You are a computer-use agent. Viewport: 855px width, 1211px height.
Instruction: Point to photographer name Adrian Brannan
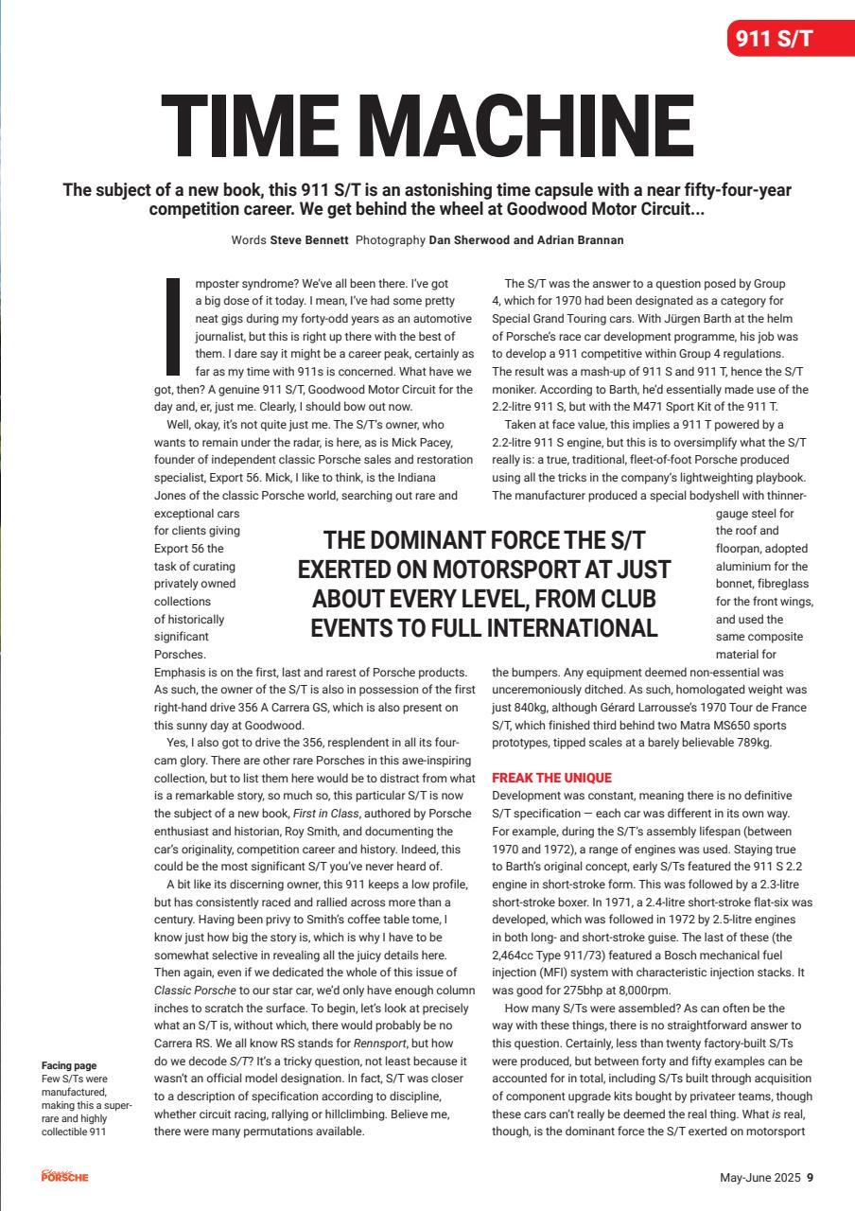pyautogui.click(x=574, y=240)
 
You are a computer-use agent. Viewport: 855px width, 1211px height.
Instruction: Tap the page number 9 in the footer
pyautogui.click(x=810, y=1178)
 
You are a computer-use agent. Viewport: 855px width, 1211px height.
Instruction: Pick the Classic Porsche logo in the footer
pyautogui.click(x=64, y=1176)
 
